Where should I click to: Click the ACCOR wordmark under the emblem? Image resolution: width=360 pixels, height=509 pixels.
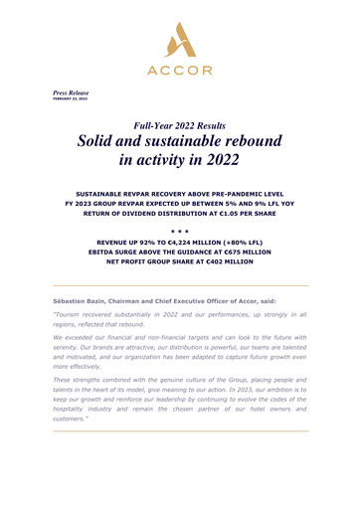pyautogui.click(x=181, y=72)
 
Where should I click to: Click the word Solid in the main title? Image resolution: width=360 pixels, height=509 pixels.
pyautogui.click(x=106, y=145)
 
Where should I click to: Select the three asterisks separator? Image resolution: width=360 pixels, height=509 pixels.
pyautogui.click(x=180, y=230)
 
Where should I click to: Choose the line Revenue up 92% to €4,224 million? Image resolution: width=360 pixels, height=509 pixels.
pyautogui.click(x=180, y=243)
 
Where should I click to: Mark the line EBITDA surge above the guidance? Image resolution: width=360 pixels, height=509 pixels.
pyautogui.click(x=180, y=254)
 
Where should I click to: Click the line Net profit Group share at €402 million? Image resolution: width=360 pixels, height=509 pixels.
pyautogui.click(x=180, y=266)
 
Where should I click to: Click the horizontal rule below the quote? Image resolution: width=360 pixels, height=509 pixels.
pyautogui.click(x=180, y=459)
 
